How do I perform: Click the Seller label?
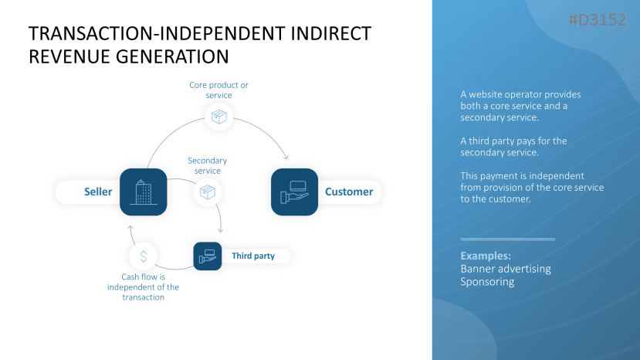click(x=98, y=192)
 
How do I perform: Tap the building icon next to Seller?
click(x=144, y=192)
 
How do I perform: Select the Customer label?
click(x=348, y=192)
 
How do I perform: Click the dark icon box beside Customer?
click(x=294, y=192)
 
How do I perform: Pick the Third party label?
click(x=253, y=256)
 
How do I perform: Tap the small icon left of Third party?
click(x=207, y=256)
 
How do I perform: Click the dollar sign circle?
click(x=144, y=256)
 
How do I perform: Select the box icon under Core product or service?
click(x=219, y=117)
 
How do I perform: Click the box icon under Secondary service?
click(x=207, y=192)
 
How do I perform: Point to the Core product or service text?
click(x=219, y=90)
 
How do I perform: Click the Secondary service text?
click(x=207, y=165)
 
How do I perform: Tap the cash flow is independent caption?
click(x=144, y=287)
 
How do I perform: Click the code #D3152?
click(x=597, y=20)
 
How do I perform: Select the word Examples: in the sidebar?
click(x=486, y=255)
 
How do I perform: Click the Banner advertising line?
click(x=506, y=269)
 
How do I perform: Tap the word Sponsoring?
click(x=487, y=282)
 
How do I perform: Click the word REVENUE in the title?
click(x=70, y=56)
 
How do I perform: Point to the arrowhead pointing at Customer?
click(x=286, y=157)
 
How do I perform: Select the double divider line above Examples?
click(x=507, y=239)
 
